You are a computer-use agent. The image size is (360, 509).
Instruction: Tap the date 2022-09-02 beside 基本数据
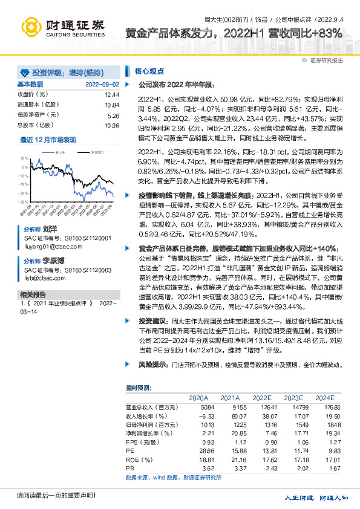102,84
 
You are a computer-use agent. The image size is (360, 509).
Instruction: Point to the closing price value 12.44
111,95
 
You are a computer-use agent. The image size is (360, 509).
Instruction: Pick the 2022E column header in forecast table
262,398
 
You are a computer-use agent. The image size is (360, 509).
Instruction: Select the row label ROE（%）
140,459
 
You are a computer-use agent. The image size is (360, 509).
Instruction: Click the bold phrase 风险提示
152,365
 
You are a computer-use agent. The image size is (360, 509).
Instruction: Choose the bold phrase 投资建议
152,320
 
